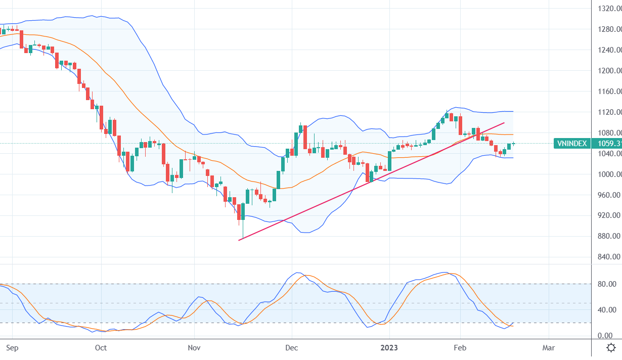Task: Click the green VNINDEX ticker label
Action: click(x=572, y=144)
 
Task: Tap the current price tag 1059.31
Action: click(x=609, y=144)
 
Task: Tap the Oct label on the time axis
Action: click(x=101, y=348)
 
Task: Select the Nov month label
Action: click(x=194, y=348)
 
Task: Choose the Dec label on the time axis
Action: click(x=292, y=348)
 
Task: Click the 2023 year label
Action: click(x=389, y=348)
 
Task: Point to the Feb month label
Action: click(x=460, y=348)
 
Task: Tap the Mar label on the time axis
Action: click(x=549, y=348)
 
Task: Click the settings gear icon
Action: click(x=611, y=348)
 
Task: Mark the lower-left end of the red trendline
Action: click(x=239, y=240)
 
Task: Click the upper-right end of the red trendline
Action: click(x=505, y=122)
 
